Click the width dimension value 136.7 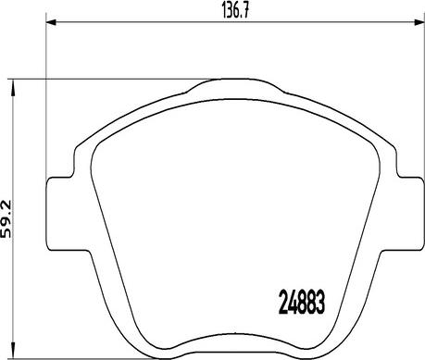[235, 11]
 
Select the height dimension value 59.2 [6, 218]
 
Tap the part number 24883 [302, 303]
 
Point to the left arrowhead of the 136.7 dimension [51, 22]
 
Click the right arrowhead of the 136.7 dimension [419, 22]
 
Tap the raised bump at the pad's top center [235, 85]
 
